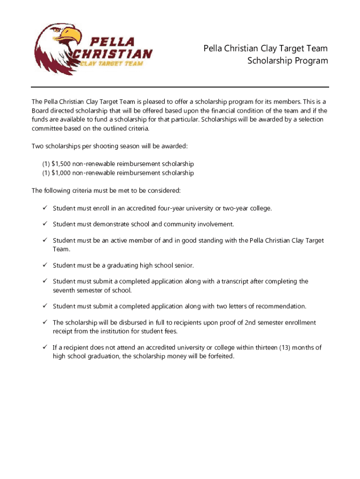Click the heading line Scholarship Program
tap(288, 61)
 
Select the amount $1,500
tap(61, 164)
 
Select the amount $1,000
tap(61, 173)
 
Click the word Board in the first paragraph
tap(41, 111)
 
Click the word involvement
tap(215, 224)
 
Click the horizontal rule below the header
tap(180, 87)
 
